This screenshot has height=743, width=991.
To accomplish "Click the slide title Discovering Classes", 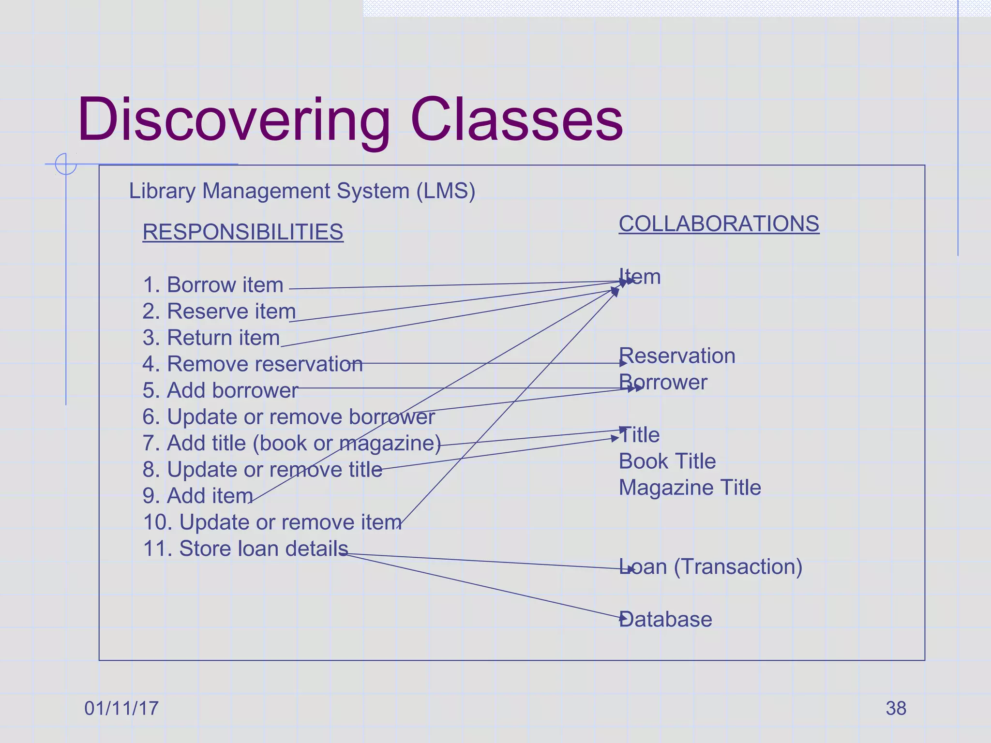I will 350,119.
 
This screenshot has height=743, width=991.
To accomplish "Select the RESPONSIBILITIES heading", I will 243,232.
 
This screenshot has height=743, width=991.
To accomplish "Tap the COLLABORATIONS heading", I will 719,223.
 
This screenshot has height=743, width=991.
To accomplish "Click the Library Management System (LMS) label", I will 302,191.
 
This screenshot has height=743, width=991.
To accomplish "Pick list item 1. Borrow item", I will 213,285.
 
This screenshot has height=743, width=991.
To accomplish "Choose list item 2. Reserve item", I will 219,312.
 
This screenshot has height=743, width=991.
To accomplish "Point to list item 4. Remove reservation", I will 252,364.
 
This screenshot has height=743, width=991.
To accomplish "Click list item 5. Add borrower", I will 220,390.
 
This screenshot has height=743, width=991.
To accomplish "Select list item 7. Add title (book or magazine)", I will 291,443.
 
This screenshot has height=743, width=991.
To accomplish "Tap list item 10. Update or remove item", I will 272,522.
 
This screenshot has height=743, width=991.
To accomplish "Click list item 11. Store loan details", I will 245,549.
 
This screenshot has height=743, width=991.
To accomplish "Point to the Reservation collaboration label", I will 677,356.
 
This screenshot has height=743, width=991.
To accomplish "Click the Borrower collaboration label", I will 663,382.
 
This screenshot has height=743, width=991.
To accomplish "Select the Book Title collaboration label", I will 667,461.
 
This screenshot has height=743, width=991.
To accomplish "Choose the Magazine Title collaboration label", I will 690,488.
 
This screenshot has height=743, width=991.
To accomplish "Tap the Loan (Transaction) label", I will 710,566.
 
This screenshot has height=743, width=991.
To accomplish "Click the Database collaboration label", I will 665,619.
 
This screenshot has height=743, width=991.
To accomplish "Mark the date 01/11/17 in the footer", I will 121,708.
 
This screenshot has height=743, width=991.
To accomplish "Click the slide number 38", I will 896,708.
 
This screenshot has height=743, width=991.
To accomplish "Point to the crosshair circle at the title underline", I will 66,164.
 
